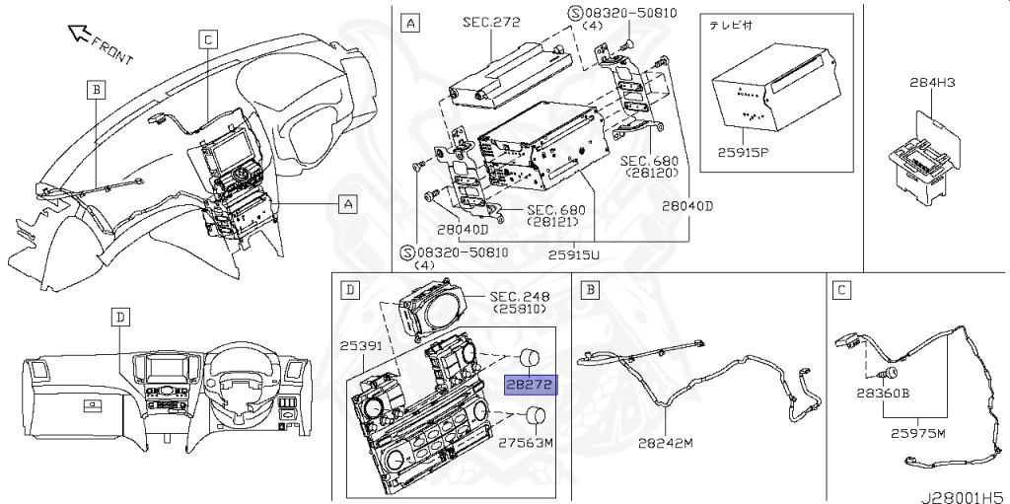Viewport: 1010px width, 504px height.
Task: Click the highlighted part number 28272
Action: coord(529,385)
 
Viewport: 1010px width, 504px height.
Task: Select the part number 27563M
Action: coord(527,443)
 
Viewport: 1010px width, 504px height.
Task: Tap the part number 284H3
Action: coord(932,82)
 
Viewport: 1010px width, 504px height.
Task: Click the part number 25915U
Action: coord(574,255)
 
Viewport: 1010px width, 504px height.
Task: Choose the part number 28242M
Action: coord(666,443)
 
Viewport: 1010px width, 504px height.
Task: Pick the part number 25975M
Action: coord(918,433)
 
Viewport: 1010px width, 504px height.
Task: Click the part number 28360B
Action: coord(883,393)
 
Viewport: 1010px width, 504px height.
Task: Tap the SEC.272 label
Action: coord(491,22)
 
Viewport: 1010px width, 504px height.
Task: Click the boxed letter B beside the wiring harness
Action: coord(96,90)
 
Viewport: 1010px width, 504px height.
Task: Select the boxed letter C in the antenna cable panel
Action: coord(841,291)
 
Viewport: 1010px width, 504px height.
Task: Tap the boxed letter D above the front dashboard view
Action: coord(119,317)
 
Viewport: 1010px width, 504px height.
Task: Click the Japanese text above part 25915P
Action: coord(731,26)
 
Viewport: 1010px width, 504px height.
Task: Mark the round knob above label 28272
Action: coord(530,356)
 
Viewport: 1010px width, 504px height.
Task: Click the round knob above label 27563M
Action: coord(536,416)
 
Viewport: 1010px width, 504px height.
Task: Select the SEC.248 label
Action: coord(520,297)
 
